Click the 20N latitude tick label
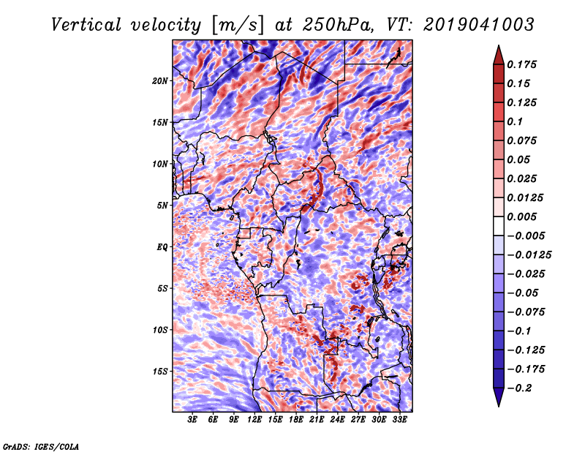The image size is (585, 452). pyautogui.click(x=159, y=81)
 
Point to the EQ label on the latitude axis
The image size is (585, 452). pyautogui.click(x=162, y=247)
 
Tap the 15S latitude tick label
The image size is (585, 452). pyautogui.click(x=160, y=372)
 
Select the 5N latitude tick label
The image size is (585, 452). pyautogui.click(x=162, y=206)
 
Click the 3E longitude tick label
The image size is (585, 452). pyautogui.click(x=192, y=420)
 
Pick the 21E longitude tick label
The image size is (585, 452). pyautogui.click(x=317, y=420)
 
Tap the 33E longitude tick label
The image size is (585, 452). pyautogui.click(x=399, y=420)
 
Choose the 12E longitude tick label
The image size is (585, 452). pyautogui.click(x=254, y=420)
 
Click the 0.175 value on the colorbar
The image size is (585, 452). pyautogui.click(x=521, y=64)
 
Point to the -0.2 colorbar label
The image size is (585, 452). pyautogui.click(x=519, y=388)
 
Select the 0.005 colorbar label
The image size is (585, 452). pyautogui.click(x=521, y=216)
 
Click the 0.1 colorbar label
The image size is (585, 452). pyautogui.click(x=515, y=121)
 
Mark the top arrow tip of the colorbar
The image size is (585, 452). pyautogui.click(x=499, y=45)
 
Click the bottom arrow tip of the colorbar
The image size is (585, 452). pyautogui.click(x=499, y=407)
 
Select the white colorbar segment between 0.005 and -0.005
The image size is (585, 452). pyautogui.click(x=499, y=226)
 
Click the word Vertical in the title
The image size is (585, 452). pyautogui.click(x=86, y=25)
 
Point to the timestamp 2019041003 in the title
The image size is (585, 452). pyautogui.click(x=479, y=25)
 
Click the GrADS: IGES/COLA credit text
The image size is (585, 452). pyautogui.click(x=41, y=446)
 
